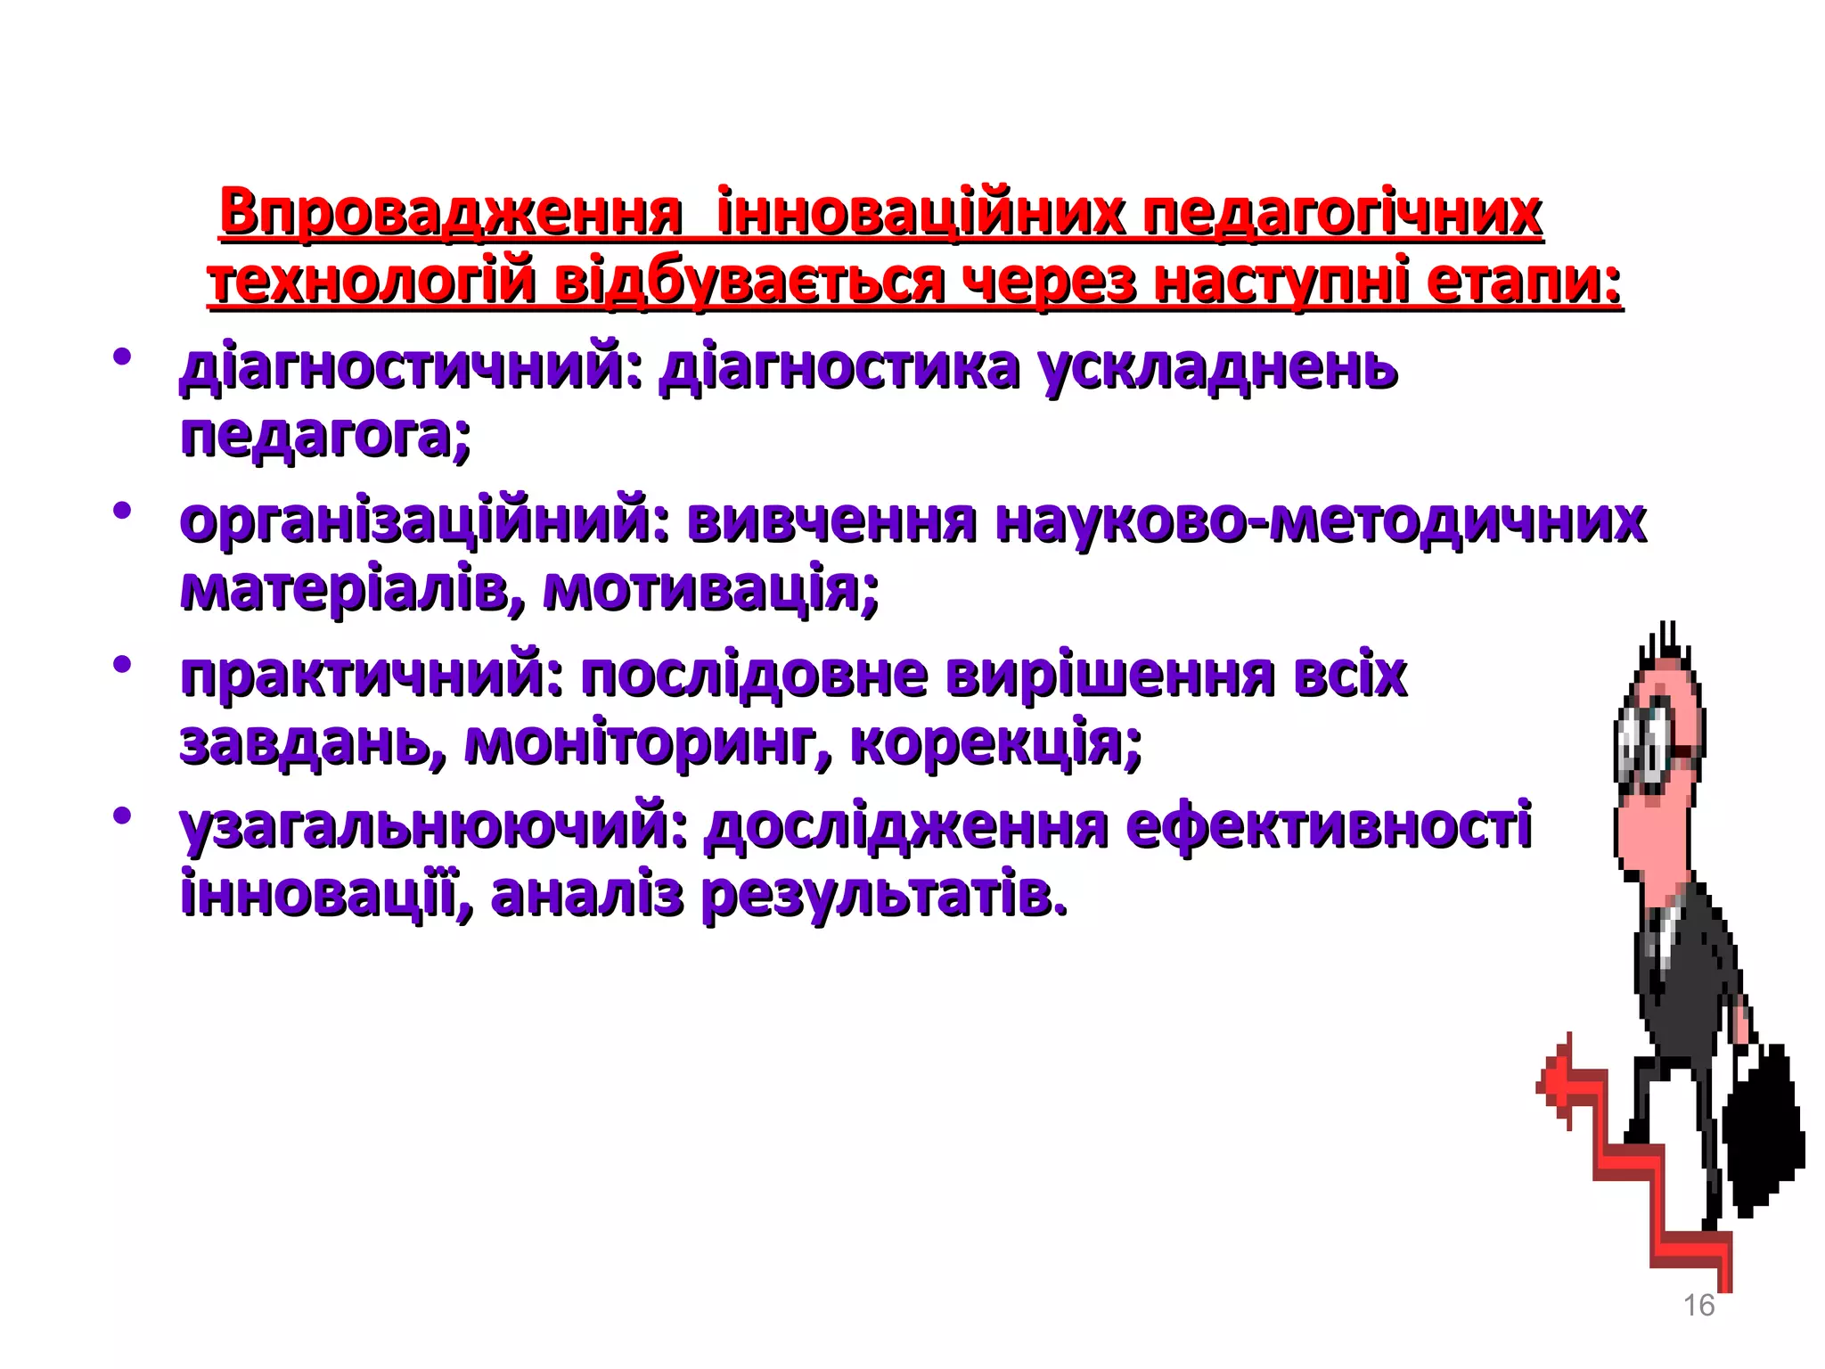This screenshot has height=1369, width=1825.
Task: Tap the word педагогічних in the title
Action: [x=1343, y=214]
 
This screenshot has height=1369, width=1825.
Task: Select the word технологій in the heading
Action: [x=371, y=282]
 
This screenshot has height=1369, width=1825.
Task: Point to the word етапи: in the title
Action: [x=1524, y=282]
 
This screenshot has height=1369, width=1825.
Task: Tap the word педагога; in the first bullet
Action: [x=325, y=436]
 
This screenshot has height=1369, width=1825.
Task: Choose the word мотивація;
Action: [x=710, y=589]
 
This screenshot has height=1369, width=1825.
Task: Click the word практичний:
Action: [x=372, y=675]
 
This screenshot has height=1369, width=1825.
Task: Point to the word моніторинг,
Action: [x=649, y=742]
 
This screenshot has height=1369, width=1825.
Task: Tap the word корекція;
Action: [x=996, y=742]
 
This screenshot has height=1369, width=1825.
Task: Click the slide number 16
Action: [x=1698, y=1305]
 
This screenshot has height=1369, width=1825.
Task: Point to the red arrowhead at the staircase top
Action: [x=1555, y=1083]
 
